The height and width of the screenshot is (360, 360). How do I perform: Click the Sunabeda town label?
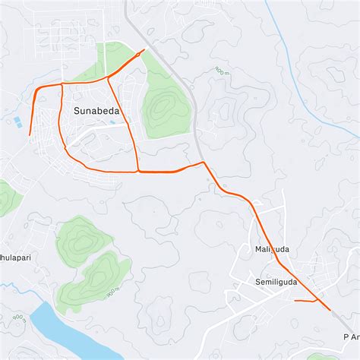(x=96, y=110)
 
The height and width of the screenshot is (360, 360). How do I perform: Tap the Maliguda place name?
(x=273, y=249)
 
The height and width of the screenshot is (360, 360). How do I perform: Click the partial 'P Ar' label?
(x=350, y=336)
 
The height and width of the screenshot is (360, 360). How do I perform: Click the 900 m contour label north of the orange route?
(x=220, y=71)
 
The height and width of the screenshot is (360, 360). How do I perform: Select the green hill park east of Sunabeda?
(x=163, y=106)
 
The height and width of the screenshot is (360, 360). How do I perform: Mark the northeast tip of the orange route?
(x=144, y=51)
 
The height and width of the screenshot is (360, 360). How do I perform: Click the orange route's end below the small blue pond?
(x=30, y=135)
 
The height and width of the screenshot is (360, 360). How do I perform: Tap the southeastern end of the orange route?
(x=330, y=310)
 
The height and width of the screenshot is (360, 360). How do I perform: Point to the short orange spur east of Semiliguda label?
(x=303, y=301)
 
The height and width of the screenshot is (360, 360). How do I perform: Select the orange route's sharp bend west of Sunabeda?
(x=37, y=89)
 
